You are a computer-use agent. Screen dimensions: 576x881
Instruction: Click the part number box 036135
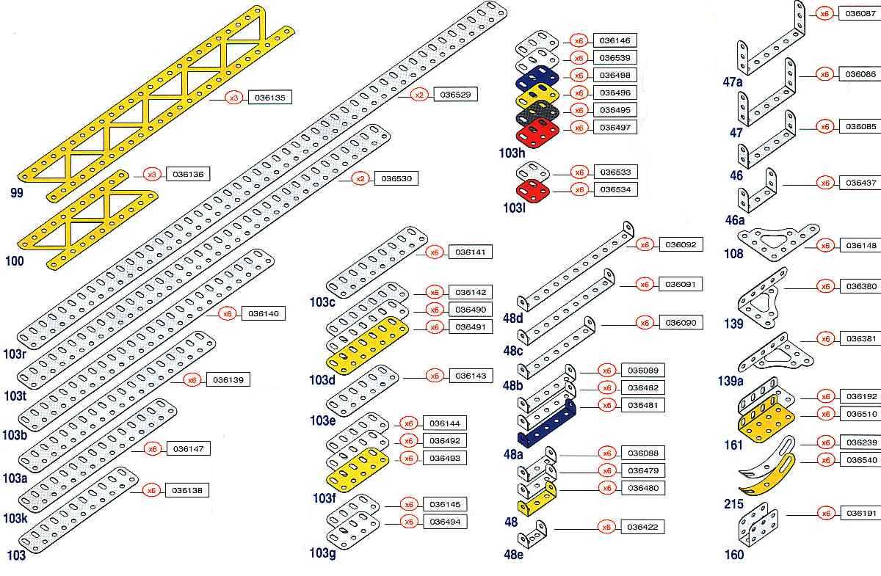point(270,97)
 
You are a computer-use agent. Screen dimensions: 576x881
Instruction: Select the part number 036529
point(455,94)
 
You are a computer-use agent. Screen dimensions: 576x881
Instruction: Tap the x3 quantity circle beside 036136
point(153,175)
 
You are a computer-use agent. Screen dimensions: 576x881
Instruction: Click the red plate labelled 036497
point(537,135)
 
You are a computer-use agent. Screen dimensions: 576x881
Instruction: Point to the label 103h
point(512,153)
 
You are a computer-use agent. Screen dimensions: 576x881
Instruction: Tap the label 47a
point(733,82)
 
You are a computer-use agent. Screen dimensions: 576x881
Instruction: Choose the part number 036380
point(860,286)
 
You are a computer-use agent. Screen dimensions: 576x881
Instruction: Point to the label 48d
point(513,318)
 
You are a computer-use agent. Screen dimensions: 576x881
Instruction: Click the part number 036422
point(643,527)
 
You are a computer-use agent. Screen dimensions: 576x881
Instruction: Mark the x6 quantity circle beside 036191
point(826,513)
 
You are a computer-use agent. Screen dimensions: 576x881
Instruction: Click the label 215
point(733,504)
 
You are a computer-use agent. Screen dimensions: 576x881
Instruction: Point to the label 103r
point(15,356)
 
